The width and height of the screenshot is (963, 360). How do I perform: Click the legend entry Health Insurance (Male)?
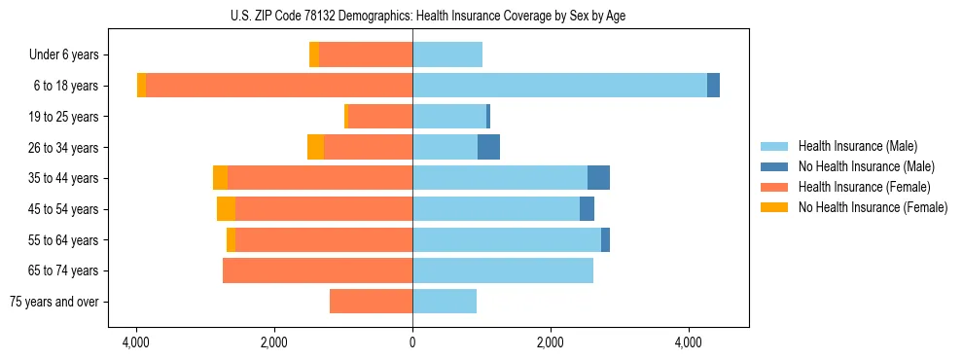pyautogui.click(x=857, y=146)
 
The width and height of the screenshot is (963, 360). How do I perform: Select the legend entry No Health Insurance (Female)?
pyautogui.click(x=873, y=207)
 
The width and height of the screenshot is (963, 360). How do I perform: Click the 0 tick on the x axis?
pyautogui.click(x=412, y=342)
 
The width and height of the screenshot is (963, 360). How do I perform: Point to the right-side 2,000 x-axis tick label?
pyautogui.click(x=551, y=342)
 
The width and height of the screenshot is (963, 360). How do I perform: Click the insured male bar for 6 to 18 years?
pyautogui.click(x=559, y=86)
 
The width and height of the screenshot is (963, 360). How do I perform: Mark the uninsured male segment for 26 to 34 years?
pyautogui.click(x=488, y=147)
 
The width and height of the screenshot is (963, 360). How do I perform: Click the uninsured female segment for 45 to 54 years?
pyautogui.click(x=226, y=209)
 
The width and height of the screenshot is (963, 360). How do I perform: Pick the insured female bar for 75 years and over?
pyautogui.click(x=371, y=302)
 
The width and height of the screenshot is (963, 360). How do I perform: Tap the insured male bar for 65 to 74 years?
pyautogui.click(x=503, y=270)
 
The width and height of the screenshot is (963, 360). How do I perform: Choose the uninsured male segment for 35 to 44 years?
pyautogui.click(x=598, y=178)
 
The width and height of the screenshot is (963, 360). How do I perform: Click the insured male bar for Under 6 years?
pyautogui.click(x=447, y=54)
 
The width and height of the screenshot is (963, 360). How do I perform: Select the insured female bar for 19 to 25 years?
pyautogui.click(x=380, y=117)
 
